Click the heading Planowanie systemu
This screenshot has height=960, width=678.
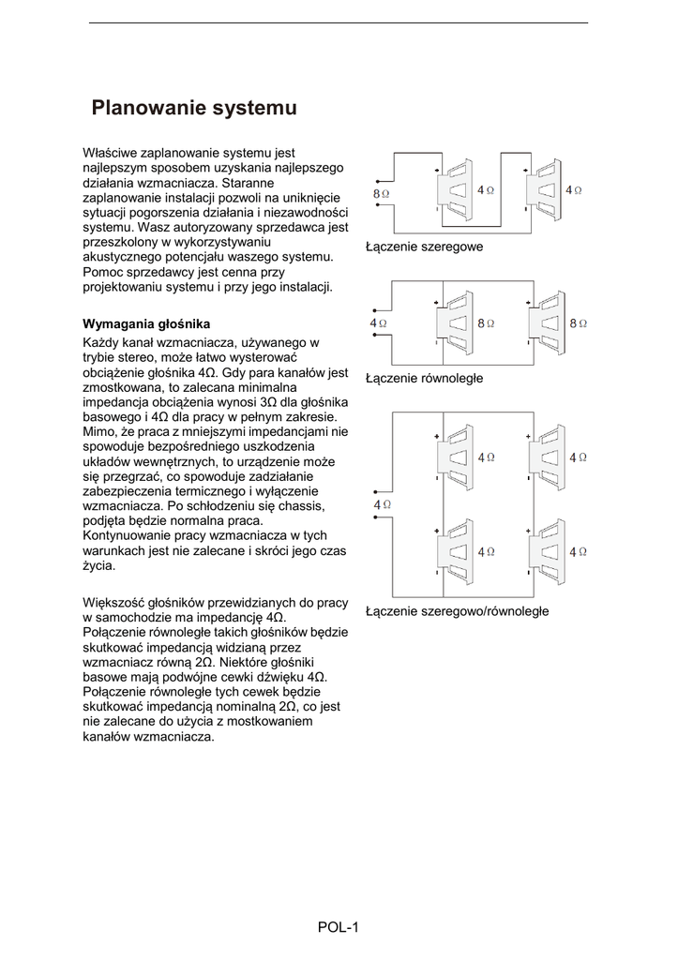(x=194, y=109)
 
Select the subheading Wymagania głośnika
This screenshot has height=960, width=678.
(x=146, y=323)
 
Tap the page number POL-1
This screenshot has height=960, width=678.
(x=339, y=927)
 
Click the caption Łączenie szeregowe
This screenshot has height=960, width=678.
(x=424, y=247)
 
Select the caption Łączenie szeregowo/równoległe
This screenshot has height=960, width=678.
(x=457, y=611)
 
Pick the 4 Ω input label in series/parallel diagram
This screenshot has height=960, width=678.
(x=382, y=504)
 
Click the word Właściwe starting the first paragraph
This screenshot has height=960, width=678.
(x=110, y=152)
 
